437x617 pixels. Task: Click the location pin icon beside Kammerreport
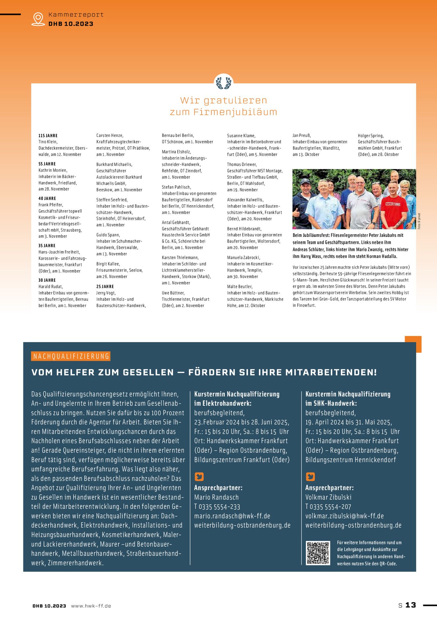(x=38, y=19)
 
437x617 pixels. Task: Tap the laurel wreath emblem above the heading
(x=223, y=83)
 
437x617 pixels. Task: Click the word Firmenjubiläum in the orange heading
(x=235, y=112)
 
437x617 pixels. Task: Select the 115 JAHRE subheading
(x=48, y=136)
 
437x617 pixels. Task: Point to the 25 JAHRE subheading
(x=105, y=287)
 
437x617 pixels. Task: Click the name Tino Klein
(x=47, y=142)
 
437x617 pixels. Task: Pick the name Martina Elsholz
(x=176, y=152)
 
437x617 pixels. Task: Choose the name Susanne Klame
(x=241, y=136)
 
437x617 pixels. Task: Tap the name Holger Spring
(x=370, y=136)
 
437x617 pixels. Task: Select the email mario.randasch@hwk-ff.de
(x=232, y=516)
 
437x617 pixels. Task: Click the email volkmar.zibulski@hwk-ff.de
(x=344, y=516)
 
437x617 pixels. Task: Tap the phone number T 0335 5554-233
(x=217, y=507)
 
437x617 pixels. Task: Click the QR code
(x=318, y=553)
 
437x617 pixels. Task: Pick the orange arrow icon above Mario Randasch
(x=199, y=476)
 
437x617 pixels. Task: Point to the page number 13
(x=411, y=605)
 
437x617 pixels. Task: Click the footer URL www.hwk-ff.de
(x=91, y=606)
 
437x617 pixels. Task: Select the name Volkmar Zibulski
(x=328, y=497)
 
